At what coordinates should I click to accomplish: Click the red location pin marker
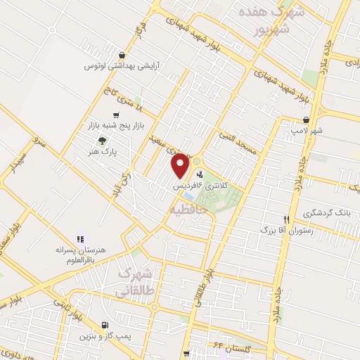coord(181,165)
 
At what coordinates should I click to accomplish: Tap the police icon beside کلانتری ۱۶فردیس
coord(200,174)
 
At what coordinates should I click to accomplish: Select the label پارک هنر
coord(106,150)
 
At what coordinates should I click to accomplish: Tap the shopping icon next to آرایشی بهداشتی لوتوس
coord(123,54)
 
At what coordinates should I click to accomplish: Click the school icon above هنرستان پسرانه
coord(80,240)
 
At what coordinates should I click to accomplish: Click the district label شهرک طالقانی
coord(138,281)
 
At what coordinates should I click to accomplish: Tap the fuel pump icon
coord(105,326)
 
